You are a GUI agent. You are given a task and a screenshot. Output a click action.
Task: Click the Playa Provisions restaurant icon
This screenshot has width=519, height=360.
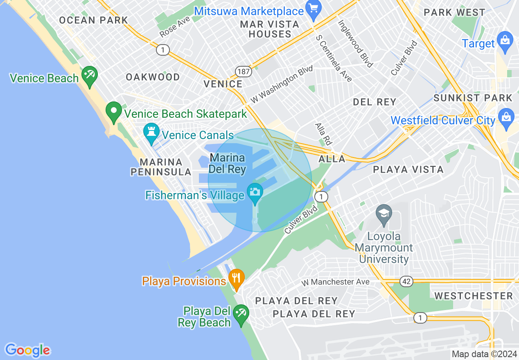coord(236,278)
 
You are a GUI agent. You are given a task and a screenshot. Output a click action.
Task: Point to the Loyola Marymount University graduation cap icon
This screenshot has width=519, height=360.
coord(384,214)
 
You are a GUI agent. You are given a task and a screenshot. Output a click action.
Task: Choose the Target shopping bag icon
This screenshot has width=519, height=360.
coord(505,41)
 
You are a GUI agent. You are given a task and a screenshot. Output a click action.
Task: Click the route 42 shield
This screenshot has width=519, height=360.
coord(407,281)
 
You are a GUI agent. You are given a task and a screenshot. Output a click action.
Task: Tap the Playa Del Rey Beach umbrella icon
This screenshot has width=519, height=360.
coord(240,314)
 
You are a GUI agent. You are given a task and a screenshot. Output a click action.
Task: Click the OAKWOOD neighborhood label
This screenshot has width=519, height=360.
coord(153,77)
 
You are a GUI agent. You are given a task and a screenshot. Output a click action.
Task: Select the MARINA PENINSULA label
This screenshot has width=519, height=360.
coord(161,167)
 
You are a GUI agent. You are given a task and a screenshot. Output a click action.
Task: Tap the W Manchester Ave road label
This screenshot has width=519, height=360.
coord(335,282)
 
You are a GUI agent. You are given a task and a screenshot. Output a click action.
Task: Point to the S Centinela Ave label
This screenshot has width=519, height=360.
coord(334,58)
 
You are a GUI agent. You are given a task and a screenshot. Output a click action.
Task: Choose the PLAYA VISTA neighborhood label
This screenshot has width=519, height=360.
coord(408,169)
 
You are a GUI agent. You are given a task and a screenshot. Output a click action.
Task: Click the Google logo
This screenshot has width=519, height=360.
coord(27,350)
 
